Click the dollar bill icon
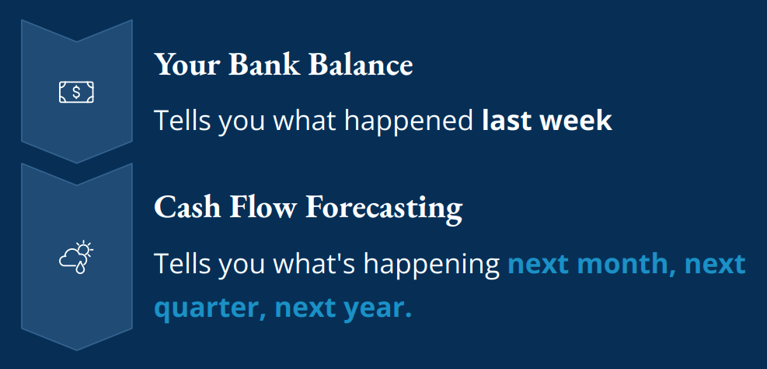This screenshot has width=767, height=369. (x=76, y=92)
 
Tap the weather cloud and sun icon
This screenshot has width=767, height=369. (x=76, y=258)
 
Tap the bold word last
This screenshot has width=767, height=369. (x=508, y=121)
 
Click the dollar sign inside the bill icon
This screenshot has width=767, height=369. (x=76, y=92)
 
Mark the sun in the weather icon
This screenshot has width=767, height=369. (x=85, y=250)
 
